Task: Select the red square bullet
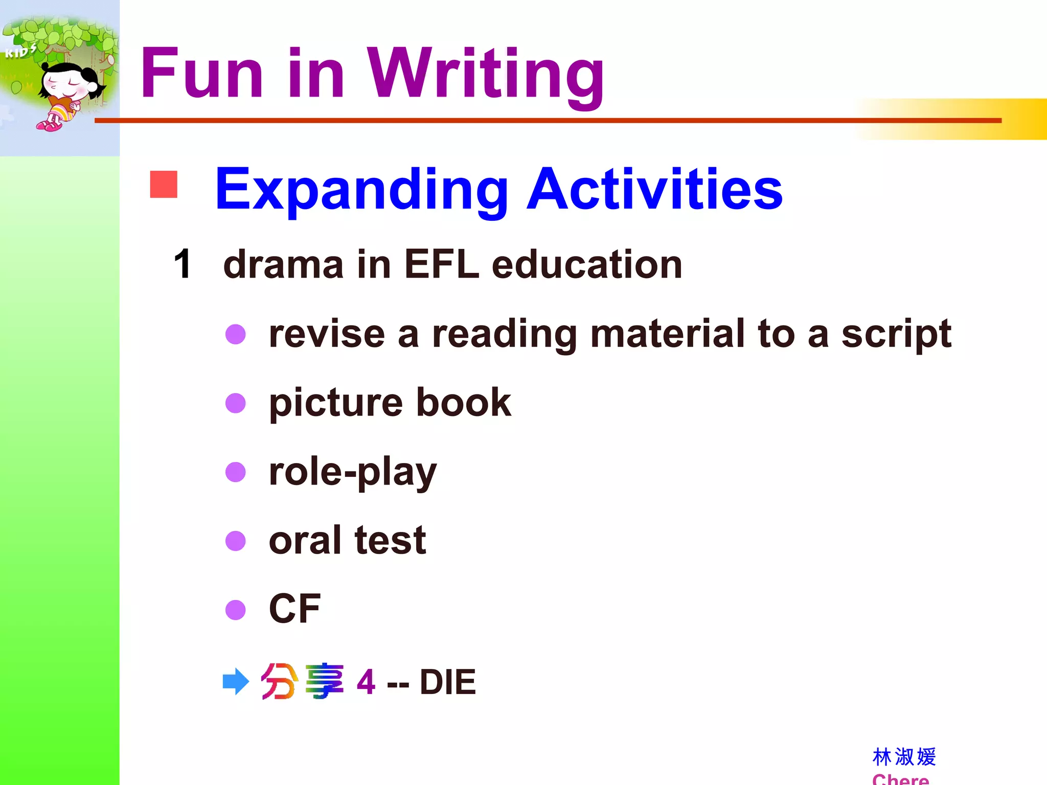pos(164,184)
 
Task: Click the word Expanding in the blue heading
pos(361,190)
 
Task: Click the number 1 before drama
pos(183,264)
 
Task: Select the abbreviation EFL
pos(442,264)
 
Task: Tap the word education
pos(587,264)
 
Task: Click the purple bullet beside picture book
pos(236,403)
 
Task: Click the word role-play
pos(353,473)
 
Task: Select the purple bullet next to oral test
pos(236,541)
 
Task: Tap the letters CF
pos(294,608)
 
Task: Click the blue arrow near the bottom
pos(236,681)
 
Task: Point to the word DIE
pos(447,682)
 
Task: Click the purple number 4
pos(366,682)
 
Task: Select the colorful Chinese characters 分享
pos(302,681)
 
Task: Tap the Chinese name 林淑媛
pos(904,757)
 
